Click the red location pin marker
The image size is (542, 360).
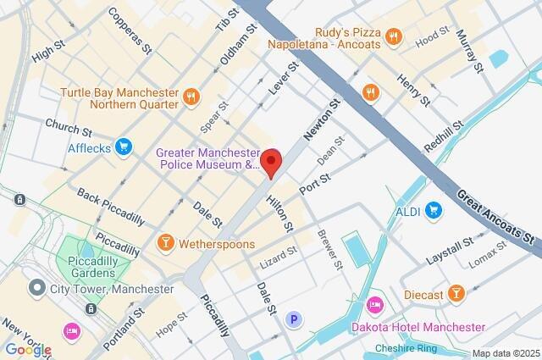[271, 161]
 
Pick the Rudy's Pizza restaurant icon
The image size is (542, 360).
[392, 36]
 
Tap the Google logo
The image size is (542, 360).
[27, 349]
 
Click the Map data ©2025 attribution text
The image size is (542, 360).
[506, 352]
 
